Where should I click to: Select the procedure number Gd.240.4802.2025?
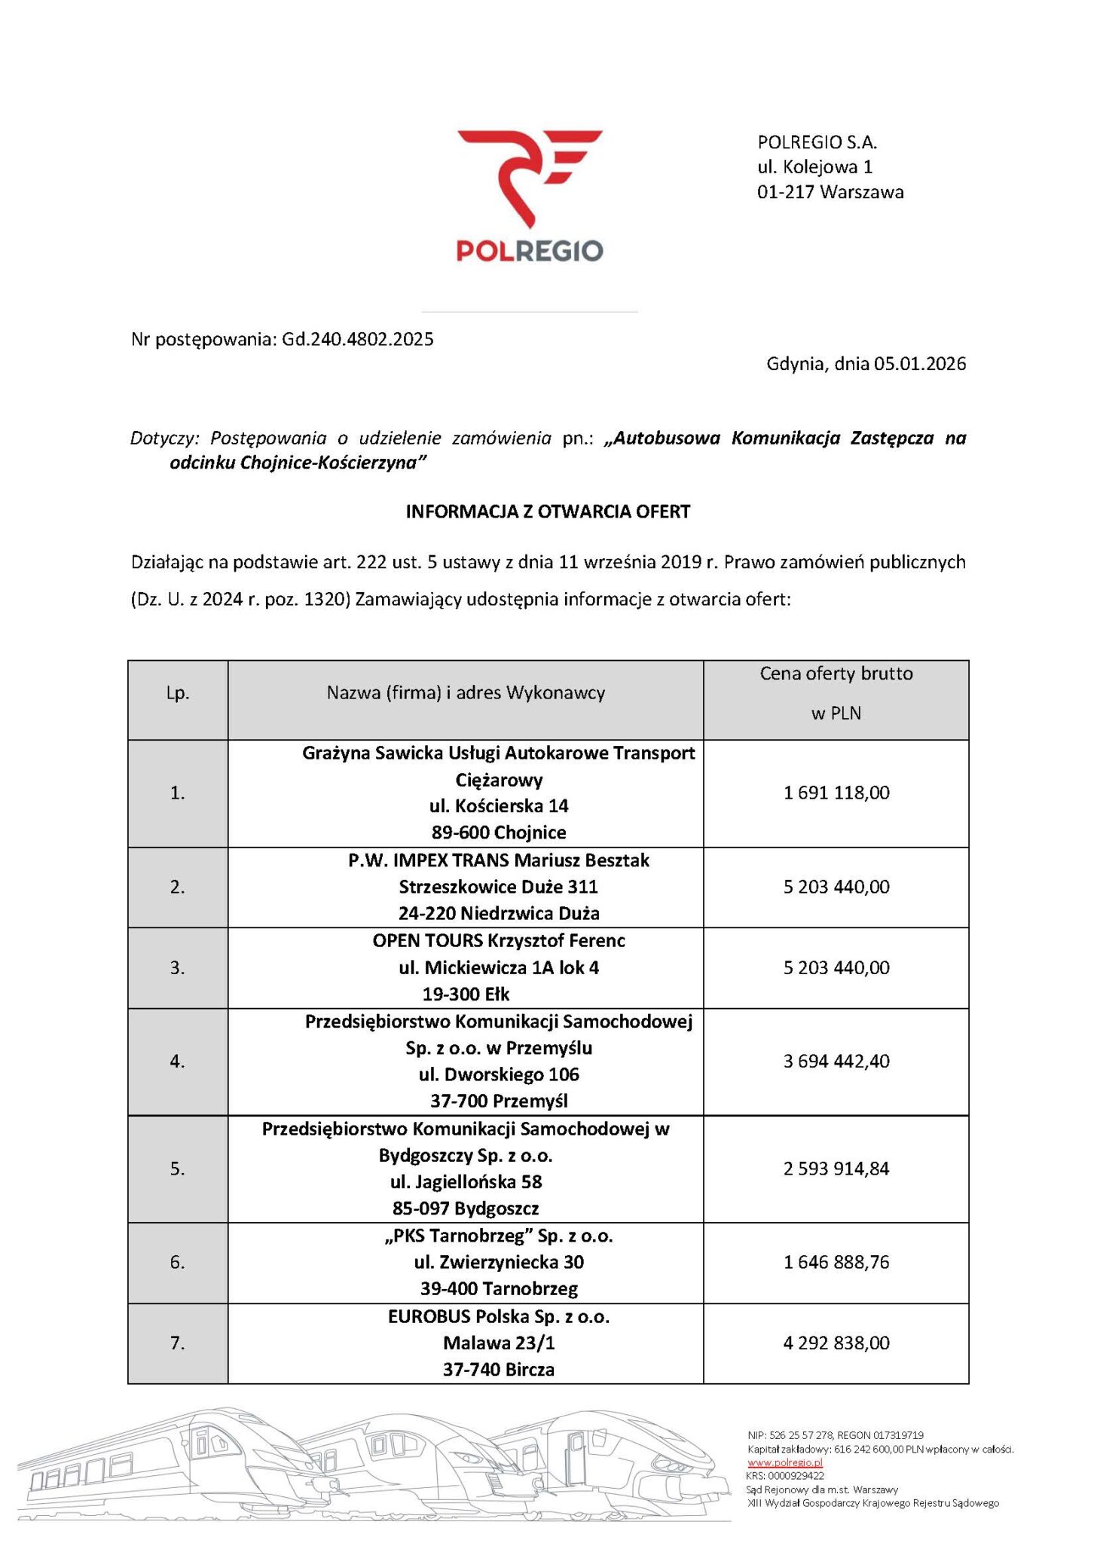(358, 339)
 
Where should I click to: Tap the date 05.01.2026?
(919, 364)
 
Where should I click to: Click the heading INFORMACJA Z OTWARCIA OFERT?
(548, 512)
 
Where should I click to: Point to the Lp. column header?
(178, 693)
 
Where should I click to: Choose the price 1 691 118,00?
(836, 793)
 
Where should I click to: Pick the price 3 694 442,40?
(836, 1061)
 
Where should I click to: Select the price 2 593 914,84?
(836, 1169)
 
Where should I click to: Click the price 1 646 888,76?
(836, 1262)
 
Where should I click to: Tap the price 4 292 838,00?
(836, 1343)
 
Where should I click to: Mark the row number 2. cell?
(178, 887)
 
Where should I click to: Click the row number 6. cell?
(178, 1262)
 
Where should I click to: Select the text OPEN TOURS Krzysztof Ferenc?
(499, 940)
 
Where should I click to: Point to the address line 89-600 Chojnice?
(499, 833)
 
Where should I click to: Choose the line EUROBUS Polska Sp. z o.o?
(499, 1316)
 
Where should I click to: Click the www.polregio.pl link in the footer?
(784, 1462)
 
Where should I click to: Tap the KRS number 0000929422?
(795, 1476)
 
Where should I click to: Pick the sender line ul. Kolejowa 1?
(814, 167)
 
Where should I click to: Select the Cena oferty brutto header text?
(836, 674)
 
